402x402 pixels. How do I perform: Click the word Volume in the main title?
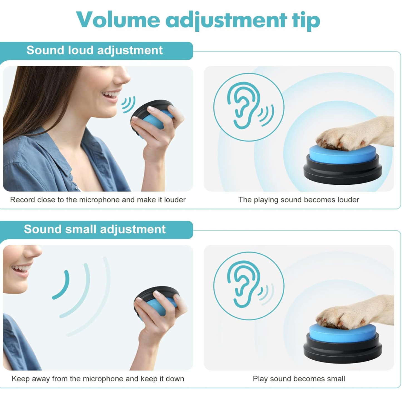[x=118, y=20]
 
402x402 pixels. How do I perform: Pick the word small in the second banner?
[x=81, y=229]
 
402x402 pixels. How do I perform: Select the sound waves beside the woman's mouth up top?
[x=128, y=105]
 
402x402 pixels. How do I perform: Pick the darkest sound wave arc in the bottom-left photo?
[x=61, y=285]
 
